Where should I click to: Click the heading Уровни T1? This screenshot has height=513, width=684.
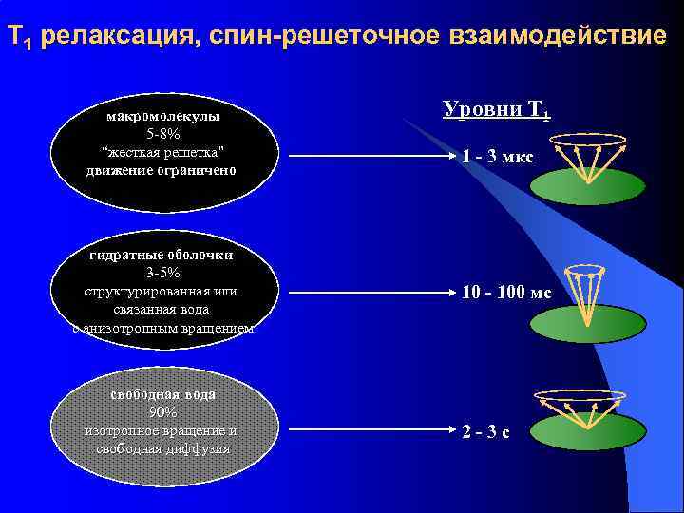pos(495,109)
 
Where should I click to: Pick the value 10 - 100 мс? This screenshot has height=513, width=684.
pos(506,293)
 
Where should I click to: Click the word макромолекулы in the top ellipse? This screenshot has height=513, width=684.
pos(162,116)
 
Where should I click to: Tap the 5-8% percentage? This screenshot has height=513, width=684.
pos(163,134)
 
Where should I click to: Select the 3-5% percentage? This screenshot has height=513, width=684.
pos(163,274)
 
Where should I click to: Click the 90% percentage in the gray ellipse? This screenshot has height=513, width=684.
pos(162,412)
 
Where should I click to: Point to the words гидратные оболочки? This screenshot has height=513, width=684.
pos(161,255)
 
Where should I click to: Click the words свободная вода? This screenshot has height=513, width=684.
pos(161,393)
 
